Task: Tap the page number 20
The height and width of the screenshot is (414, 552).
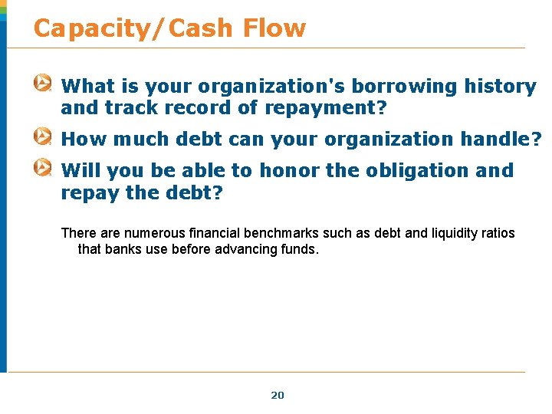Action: [278, 395]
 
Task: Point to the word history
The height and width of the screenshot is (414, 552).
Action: [500, 87]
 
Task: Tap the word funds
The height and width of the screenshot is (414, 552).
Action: [300, 249]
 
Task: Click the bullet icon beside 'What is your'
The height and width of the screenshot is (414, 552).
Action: [44, 84]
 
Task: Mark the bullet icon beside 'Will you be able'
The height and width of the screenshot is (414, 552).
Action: [44, 168]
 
